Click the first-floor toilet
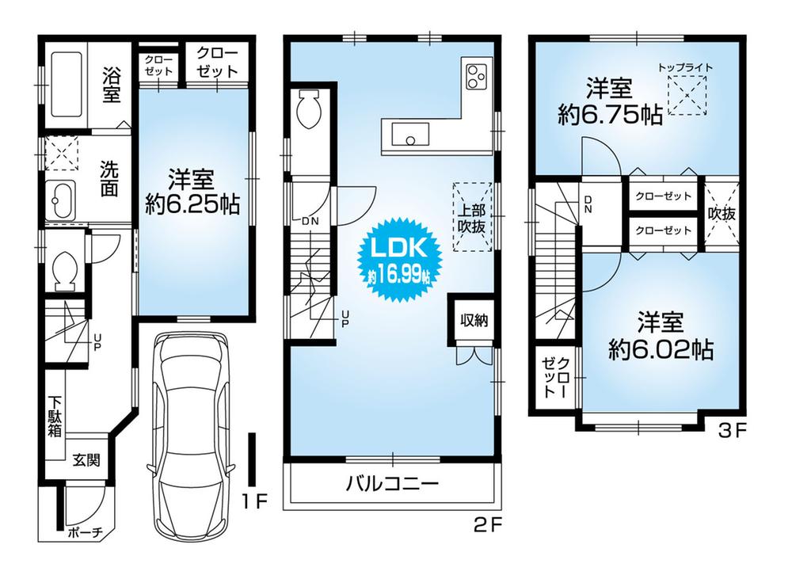tap(61, 269)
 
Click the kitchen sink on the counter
tap(407, 134)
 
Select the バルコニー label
tap(392, 483)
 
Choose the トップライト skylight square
tap(686, 98)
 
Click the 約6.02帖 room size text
tap(660, 349)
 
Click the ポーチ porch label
tap(86, 532)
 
